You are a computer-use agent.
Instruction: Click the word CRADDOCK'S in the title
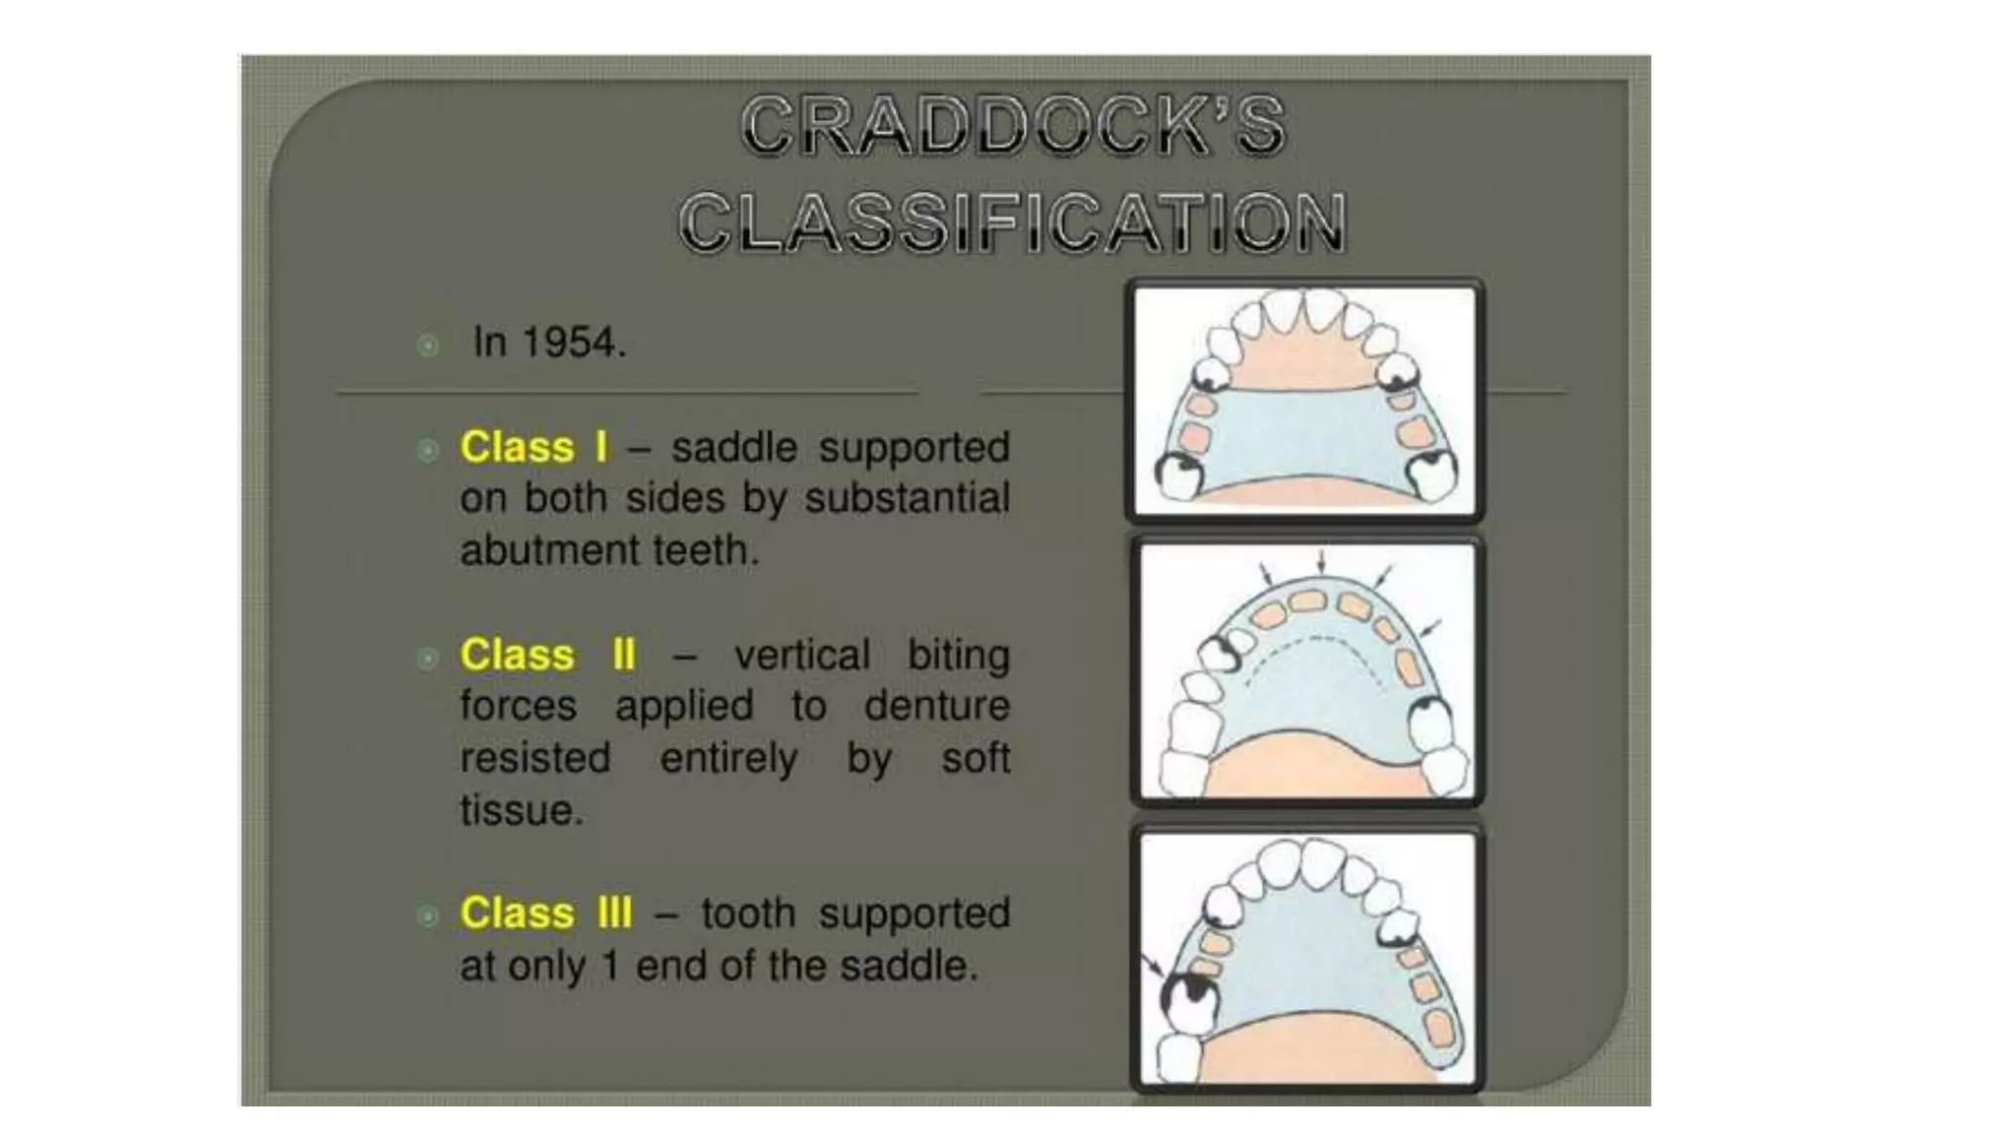tap(1013, 126)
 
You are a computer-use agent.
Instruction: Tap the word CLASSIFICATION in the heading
tap(1013, 222)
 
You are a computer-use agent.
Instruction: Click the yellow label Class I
tap(534, 447)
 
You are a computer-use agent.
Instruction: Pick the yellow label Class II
tap(547, 655)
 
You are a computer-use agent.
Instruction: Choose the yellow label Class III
tap(545, 913)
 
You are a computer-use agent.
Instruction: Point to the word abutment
tap(536, 550)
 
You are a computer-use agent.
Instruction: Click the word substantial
tap(907, 498)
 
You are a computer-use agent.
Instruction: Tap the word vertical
tap(802, 655)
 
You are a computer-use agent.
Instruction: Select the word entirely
tap(728, 759)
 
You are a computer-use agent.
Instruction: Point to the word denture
tap(936, 706)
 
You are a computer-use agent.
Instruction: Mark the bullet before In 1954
tap(427, 345)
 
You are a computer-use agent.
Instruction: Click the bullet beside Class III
tap(427, 916)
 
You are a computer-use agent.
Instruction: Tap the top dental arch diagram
tap(1304, 401)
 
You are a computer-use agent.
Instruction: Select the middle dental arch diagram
tap(1307, 670)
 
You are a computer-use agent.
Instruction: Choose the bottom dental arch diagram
tap(1307, 958)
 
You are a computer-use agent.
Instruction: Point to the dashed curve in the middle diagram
tap(1309, 642)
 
